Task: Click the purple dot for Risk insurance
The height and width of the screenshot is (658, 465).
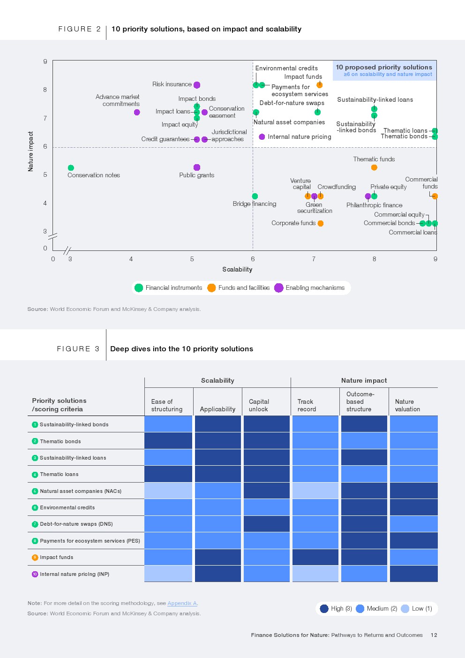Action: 197,85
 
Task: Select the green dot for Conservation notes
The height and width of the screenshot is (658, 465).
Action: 71,168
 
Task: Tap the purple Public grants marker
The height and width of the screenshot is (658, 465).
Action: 197,167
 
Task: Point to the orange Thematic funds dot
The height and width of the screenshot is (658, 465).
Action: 374,167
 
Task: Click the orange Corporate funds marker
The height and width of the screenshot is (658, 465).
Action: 321,223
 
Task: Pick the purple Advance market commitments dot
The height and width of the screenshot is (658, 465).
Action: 137,112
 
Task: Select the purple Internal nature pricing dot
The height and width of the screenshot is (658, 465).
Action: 262,136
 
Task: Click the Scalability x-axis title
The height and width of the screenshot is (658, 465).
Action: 237,269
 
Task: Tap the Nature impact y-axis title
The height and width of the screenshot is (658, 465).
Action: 30,151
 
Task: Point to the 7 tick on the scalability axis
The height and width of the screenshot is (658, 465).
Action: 314,259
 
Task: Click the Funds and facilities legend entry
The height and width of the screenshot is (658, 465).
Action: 239,288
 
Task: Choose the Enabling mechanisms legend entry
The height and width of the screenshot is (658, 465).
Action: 309,288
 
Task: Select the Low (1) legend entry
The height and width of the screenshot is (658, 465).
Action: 416,608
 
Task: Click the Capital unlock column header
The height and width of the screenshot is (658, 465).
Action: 259,405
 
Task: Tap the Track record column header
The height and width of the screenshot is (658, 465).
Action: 307,405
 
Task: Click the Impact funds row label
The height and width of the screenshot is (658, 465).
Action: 56,557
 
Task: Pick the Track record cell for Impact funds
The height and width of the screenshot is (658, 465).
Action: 315,557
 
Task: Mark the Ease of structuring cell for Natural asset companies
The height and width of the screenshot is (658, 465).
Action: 168,491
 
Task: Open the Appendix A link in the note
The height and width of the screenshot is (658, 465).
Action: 182,603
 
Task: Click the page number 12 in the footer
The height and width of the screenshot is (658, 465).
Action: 434,635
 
